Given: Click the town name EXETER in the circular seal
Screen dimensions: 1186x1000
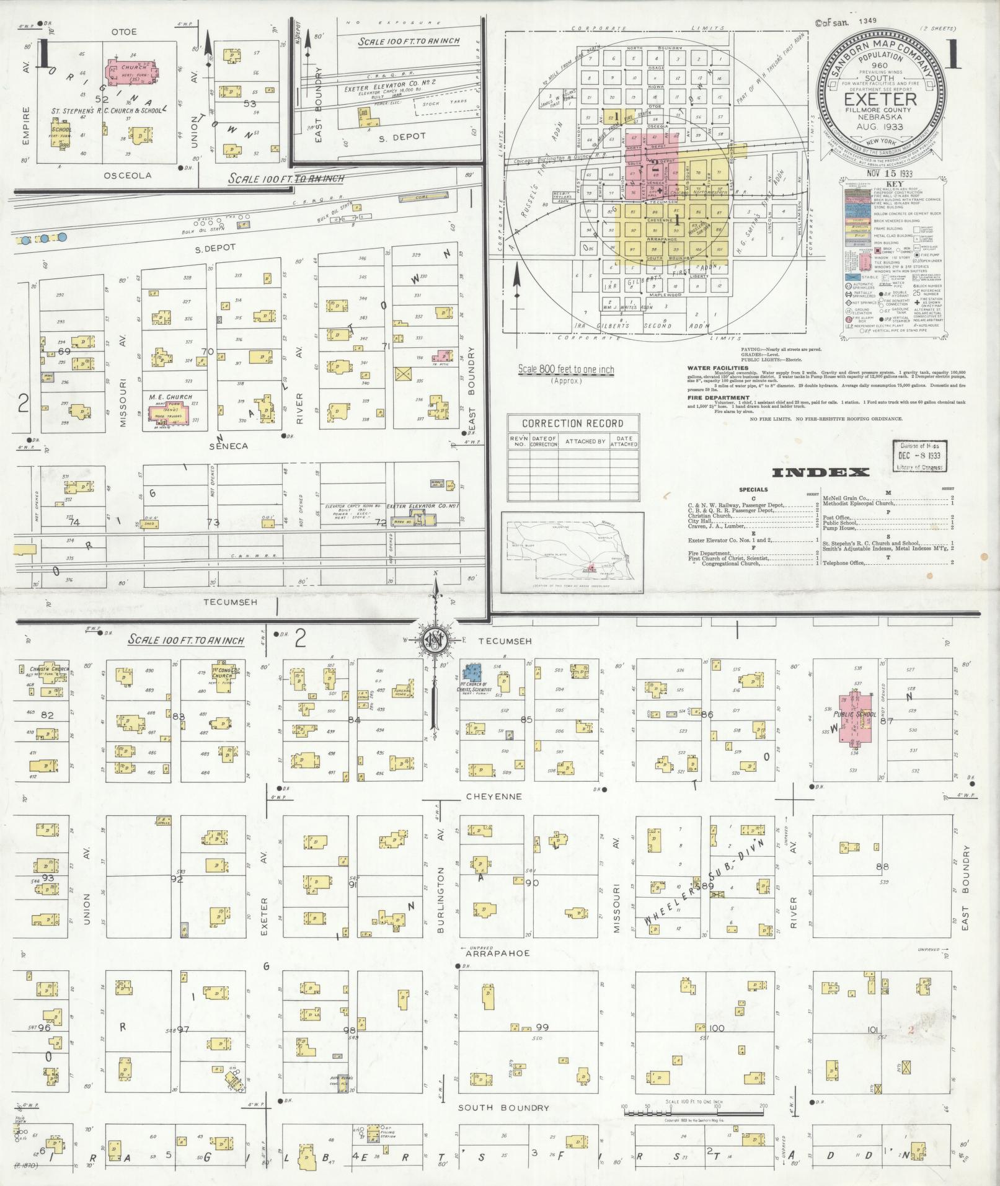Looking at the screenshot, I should pyautogui.click(x=885, y=99).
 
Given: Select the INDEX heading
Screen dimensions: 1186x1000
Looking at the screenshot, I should pyautogui.click(x=820, y=472).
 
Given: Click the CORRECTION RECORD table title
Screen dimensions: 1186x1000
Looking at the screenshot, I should pyautogui.click(x=572, y=424).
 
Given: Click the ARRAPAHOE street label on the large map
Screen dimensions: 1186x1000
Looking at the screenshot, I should pyautogui.click(x=497, y=953).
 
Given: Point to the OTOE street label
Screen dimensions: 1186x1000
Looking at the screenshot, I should pyautogui.click(x=123, y=32).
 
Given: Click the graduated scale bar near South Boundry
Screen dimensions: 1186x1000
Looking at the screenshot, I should pyautogui.click(x=693, y=1111).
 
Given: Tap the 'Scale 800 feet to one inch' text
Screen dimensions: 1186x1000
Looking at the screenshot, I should pyautogui.click(x=566, y=370).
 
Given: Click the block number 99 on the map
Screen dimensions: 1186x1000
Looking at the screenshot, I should pyautogui.click(x=542, y=1027).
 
